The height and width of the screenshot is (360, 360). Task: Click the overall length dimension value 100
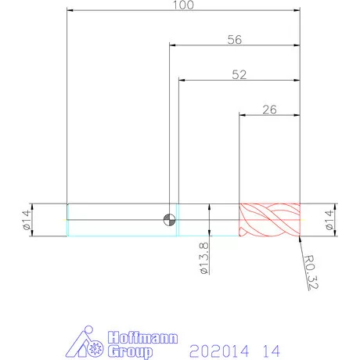click(184, 5)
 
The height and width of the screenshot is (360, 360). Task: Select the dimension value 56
click(235, 40)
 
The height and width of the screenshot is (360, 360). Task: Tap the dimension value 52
click(239, 74)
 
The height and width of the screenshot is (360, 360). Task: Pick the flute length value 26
click(269, 110)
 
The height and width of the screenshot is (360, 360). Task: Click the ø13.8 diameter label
click(204, 258)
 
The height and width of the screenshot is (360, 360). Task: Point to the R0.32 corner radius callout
click(311, 272)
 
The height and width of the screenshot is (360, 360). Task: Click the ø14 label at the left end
click(27, 220)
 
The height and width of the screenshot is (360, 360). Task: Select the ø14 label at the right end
click(329, 220)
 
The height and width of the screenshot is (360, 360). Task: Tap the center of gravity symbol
click(169, 220)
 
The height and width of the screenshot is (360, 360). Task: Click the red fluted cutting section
click(269, 220)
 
